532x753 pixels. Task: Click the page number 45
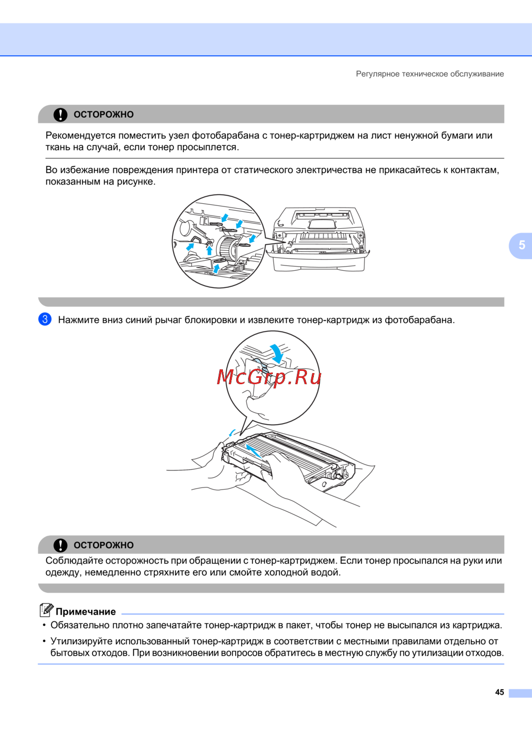500,692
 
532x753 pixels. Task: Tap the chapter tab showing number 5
521,245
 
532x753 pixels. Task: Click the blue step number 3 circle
45,319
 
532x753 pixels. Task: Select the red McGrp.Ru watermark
269,377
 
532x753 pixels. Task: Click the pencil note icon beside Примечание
46,610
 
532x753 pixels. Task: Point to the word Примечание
86,612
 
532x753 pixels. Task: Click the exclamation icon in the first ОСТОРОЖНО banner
61,114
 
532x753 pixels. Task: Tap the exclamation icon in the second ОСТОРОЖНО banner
61,545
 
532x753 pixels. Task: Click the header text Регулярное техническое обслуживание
430,74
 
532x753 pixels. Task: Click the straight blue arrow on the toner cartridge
253,451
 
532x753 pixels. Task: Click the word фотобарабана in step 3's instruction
420,320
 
